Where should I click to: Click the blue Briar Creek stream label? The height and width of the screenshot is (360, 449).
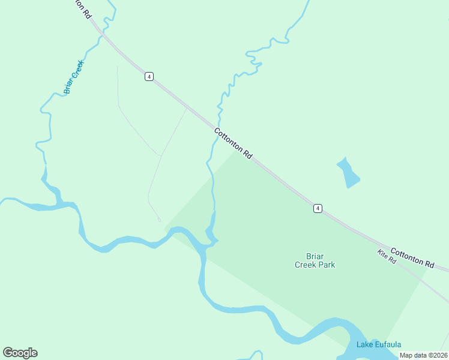coord(75,76)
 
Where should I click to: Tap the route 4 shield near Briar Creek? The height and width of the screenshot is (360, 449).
coord(149,76)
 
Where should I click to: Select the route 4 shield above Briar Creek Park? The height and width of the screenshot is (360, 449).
coord(318,208)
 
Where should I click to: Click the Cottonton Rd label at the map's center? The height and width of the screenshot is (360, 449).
coord(233,142)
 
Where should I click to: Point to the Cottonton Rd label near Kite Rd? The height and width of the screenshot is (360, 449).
coord(412,257)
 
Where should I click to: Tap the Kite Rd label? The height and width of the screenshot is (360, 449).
coord(387,257)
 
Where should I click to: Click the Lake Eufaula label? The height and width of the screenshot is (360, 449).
coord(378,344)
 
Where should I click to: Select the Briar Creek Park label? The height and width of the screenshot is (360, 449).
coord(315,260)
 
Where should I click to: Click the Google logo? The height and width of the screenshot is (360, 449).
coord(20,353)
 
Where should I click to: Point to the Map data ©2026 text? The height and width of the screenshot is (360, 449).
coord(423,355)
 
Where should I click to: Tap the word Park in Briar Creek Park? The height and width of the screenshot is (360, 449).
coord(326,265)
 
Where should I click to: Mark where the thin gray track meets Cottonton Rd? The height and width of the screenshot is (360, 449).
coord(186,109)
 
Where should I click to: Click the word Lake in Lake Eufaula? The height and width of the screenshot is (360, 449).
coord(364,344)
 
